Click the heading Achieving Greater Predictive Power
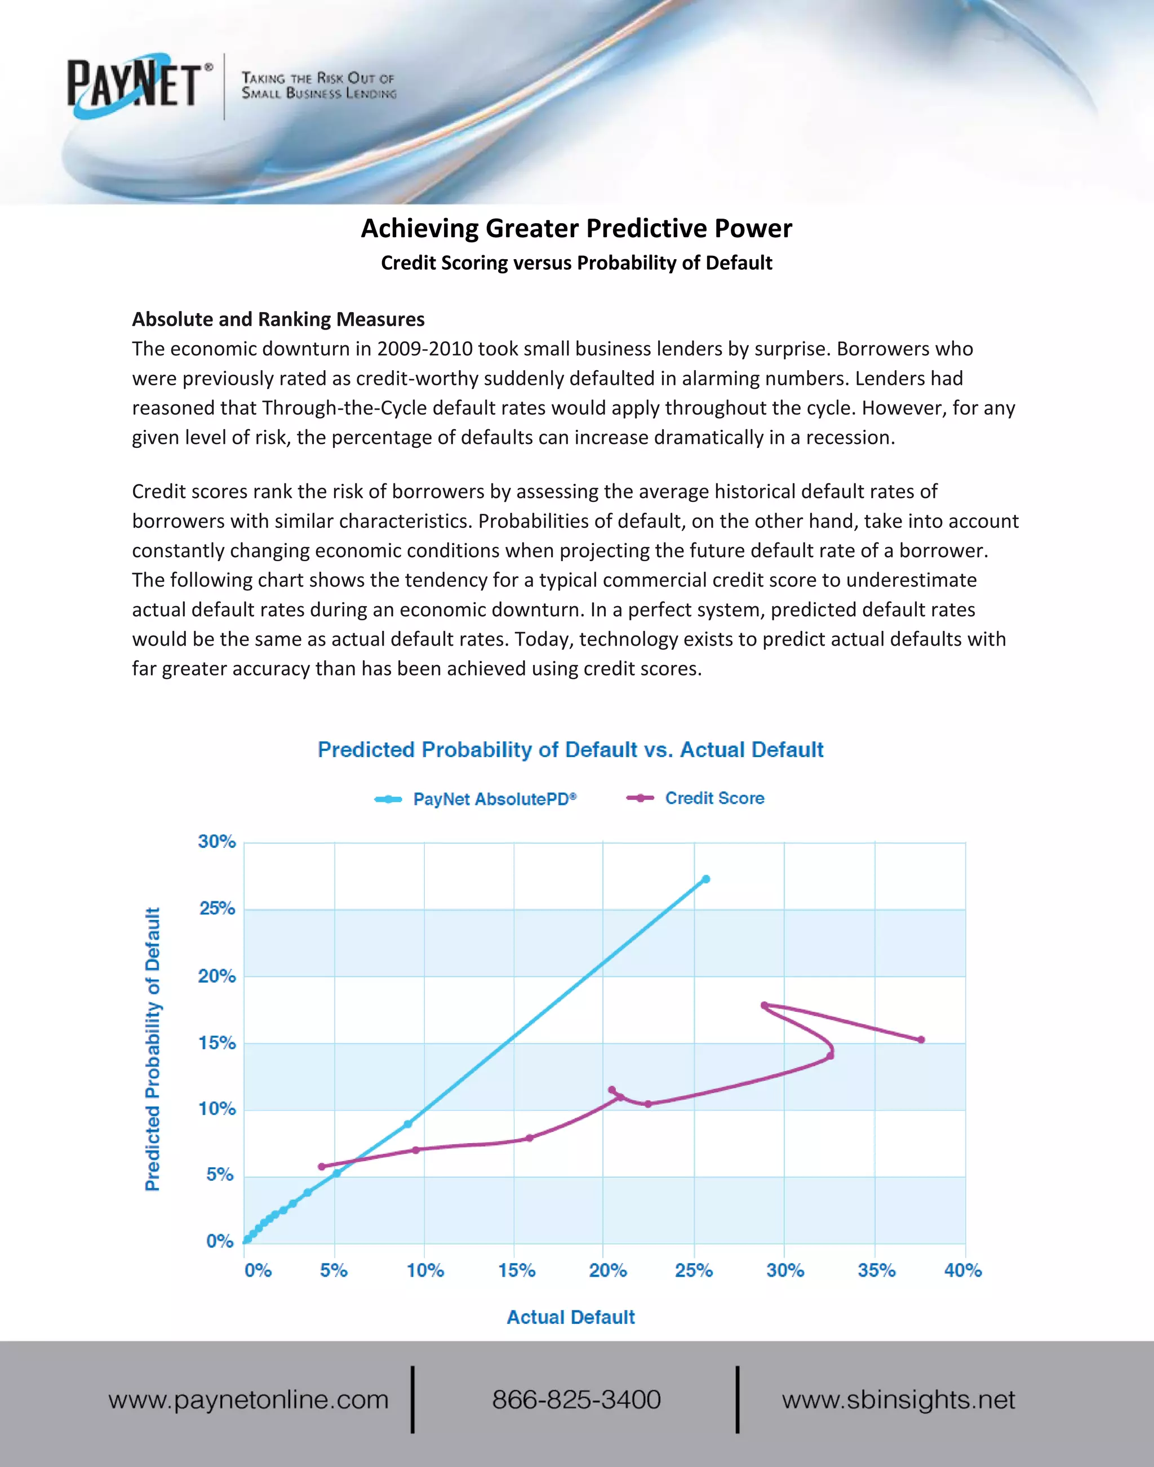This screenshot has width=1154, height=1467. [x=576, y=228]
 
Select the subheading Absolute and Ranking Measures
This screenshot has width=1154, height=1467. [x=278, y=319]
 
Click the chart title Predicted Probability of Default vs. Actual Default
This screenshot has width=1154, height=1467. [x=570, y=750]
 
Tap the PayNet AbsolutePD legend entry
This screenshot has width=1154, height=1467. [x=494, y=799]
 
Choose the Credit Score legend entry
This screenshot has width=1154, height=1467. [x=714, y=798]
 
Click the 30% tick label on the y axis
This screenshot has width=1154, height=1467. [x=216, y=842]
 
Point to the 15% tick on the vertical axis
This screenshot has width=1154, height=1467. [x=216, y=1043]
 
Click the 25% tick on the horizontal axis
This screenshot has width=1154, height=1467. [x=694, y=1270]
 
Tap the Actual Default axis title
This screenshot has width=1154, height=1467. [x=571, y=1317]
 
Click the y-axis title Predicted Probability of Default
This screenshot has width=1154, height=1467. [x=153, y=1049]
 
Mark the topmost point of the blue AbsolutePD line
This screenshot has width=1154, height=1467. [x=706, y=879]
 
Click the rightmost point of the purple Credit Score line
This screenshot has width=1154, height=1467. [x=921, y=1039]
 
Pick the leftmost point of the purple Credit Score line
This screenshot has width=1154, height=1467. [x=322, y=1166]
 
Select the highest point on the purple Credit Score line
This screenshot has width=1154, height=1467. [x=764, y=1005]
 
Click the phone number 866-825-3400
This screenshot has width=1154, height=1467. [x=576, y=1399]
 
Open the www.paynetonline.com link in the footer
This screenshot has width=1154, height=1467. [x=248, y=1399]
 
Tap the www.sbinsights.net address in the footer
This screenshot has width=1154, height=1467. [x=899, y=1399]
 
